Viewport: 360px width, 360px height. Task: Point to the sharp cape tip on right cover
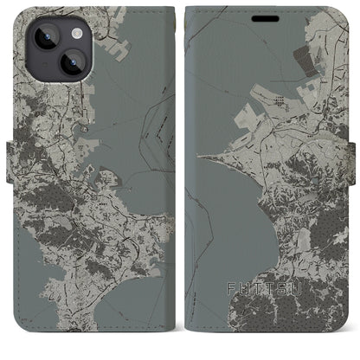pyautogui.click(x=201, y=157)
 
